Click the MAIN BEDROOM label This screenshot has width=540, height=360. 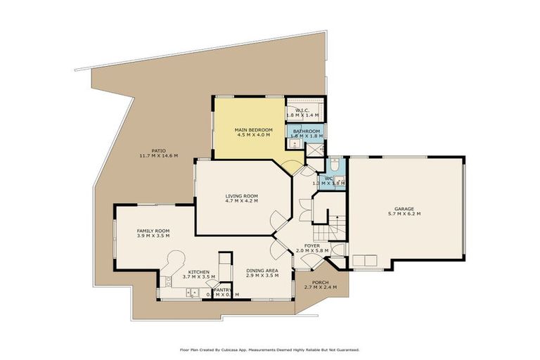253,129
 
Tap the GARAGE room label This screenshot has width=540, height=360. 404,208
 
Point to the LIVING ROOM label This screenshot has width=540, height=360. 242,196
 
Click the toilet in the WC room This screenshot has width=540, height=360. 335,165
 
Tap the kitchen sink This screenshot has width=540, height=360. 191,292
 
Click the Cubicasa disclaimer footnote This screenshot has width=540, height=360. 270,349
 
